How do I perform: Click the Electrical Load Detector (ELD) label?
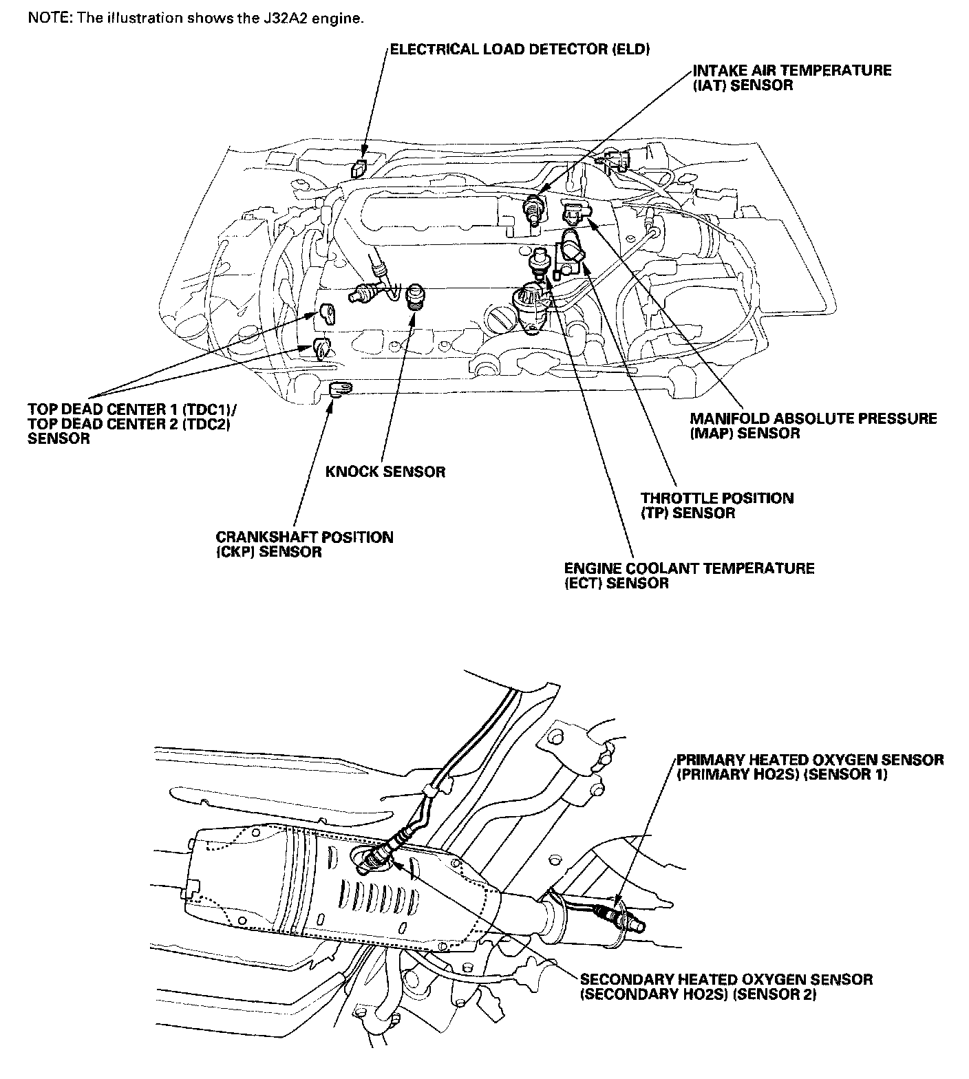click(520, 49)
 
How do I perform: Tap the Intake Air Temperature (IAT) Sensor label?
click(791, 77)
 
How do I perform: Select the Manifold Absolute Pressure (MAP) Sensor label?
click(813, 425)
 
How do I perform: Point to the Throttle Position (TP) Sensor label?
click(716, 505)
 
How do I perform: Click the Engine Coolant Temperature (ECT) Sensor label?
click(689, 575)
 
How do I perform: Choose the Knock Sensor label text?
click(385, 471)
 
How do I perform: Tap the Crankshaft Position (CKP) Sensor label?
click(304, 544)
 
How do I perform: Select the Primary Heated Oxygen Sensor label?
click(809, 767)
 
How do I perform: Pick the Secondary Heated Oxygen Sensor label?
click(726, 987)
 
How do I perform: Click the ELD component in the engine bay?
click(359, 167)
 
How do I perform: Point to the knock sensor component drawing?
click(415, 298)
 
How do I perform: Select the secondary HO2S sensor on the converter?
click(378, 856)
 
